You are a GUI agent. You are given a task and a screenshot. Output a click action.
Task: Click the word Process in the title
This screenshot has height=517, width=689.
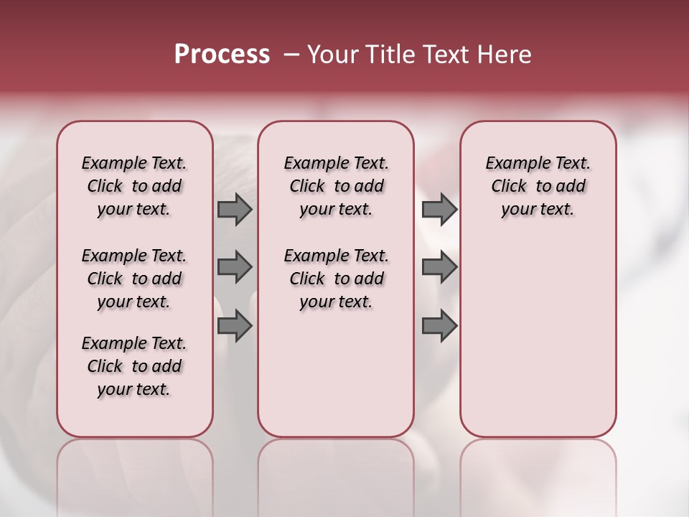coord(222,55)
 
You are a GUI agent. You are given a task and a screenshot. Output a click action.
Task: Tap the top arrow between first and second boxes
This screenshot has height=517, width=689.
coord(234,210)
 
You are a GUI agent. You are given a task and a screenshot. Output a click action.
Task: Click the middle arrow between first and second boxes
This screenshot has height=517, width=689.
coord(234,267)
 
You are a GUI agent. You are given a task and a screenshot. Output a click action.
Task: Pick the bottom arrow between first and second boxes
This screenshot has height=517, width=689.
coord(234,326)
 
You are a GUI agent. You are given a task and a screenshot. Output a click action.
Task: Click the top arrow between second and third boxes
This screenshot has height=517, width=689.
coord(439,210)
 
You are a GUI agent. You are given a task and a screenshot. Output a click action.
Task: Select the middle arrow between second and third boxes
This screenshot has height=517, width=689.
coord(439,267)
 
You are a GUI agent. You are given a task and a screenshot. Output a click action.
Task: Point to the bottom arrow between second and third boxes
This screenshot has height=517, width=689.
coord(439,326)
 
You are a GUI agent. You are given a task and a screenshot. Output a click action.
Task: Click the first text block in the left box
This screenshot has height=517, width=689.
coord(134,186)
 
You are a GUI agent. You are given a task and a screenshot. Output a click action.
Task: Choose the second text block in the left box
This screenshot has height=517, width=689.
coord(134,279)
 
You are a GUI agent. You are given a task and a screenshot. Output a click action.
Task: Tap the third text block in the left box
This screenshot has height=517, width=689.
coord(134,366)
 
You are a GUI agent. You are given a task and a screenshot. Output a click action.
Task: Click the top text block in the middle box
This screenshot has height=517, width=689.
coord(336,186)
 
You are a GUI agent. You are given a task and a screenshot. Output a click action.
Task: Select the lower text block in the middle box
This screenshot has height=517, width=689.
coord(336,279)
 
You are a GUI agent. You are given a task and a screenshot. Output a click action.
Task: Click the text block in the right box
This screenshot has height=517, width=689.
coord(538,186)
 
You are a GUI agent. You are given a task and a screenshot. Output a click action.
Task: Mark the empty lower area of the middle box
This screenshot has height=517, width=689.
coord(336,373)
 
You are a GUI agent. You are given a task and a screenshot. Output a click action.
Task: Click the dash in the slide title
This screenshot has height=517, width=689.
coord(291,55)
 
